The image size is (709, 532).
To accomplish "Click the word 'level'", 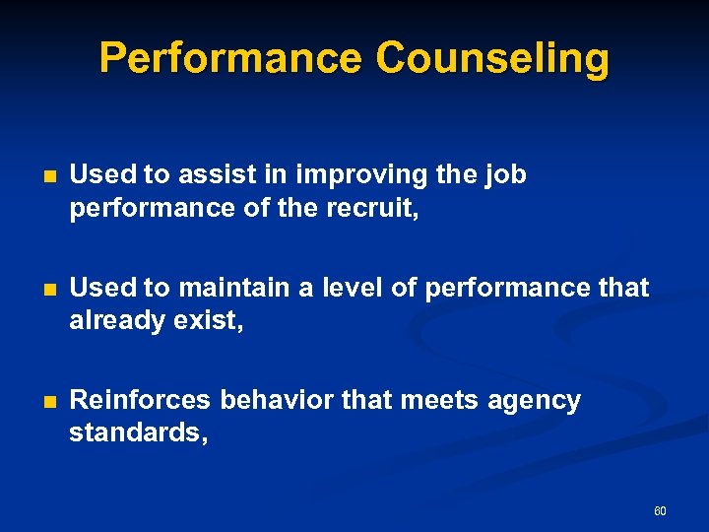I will tap(352, 288).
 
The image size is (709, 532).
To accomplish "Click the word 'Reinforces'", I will tap(140, 400).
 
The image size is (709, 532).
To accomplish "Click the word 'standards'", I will tap(136, 432).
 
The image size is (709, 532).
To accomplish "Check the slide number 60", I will tap(660, 511).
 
